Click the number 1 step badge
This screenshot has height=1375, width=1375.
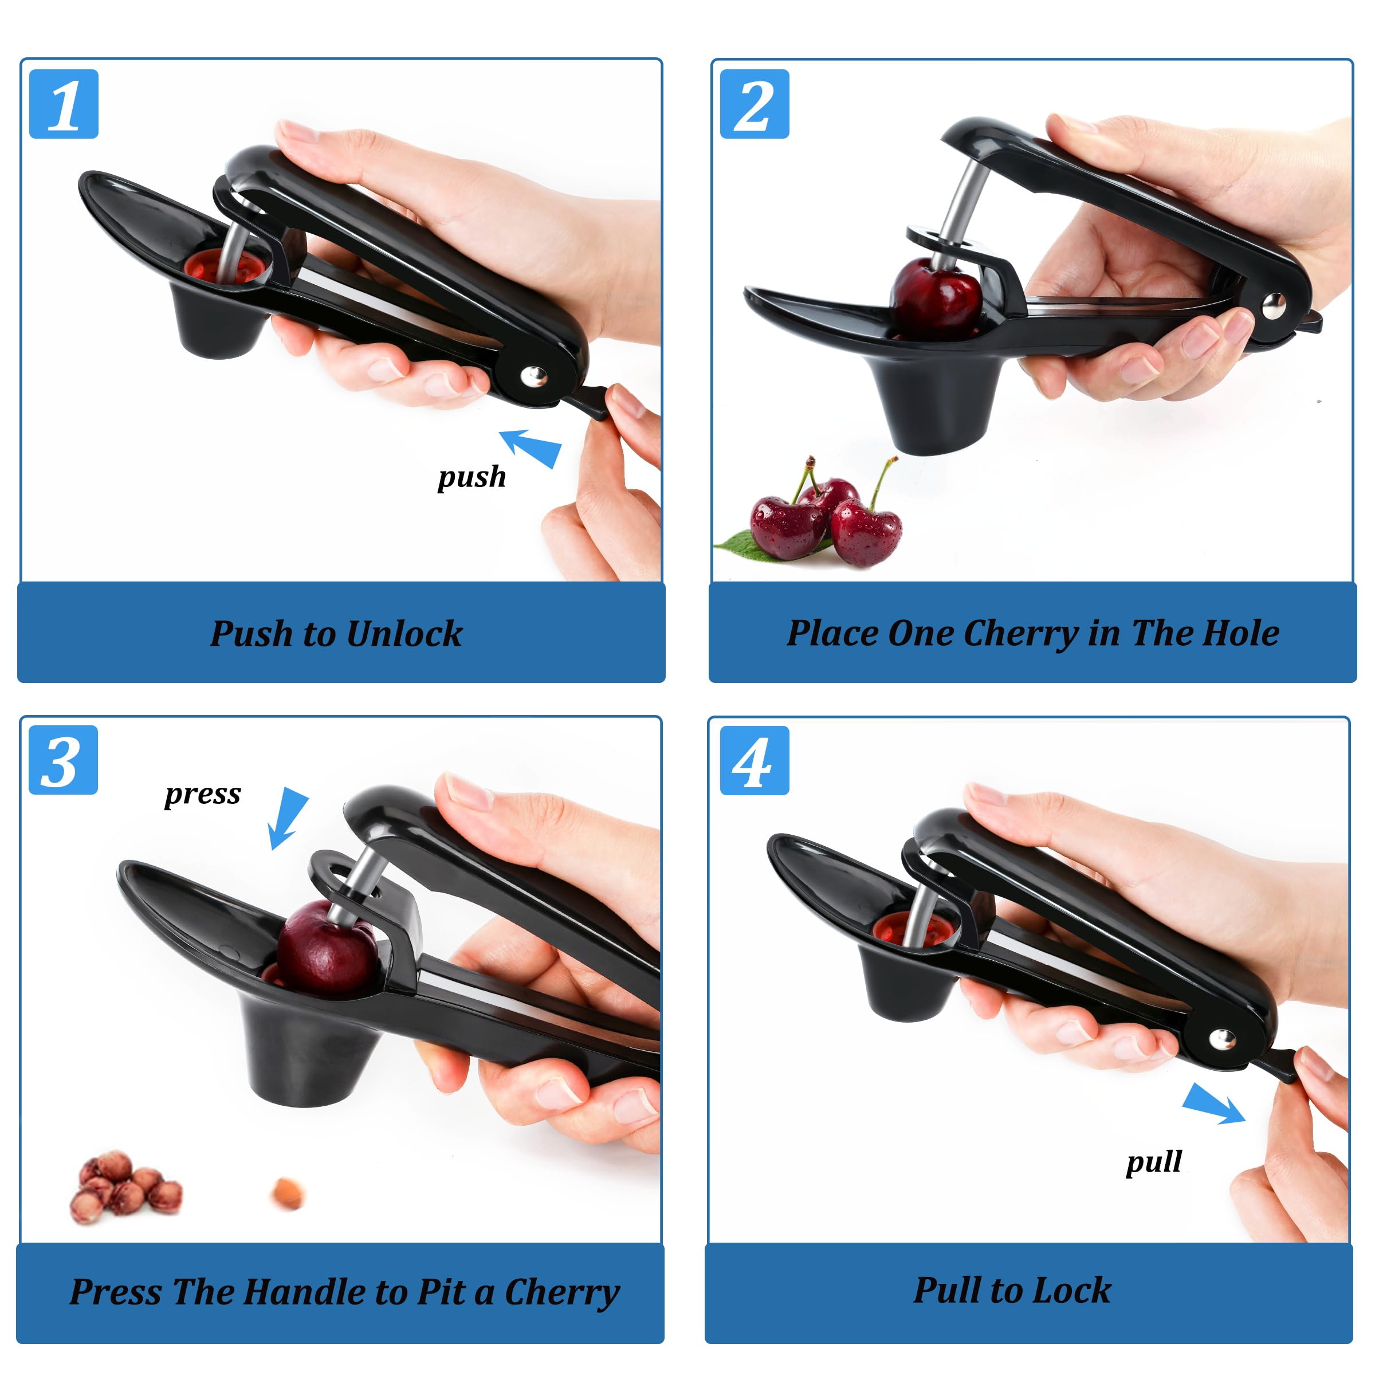(64, 104)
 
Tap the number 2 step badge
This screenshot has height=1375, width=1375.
(755, 104)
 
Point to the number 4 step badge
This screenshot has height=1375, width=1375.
(755, 760)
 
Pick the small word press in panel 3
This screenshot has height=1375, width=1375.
(203, 793)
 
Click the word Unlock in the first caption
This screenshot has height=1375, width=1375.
(404, 634)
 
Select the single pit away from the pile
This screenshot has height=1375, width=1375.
(288, 1193)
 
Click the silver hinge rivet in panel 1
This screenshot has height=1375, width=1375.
(534, 375)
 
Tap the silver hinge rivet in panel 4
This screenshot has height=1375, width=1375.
(1223, 1039)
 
